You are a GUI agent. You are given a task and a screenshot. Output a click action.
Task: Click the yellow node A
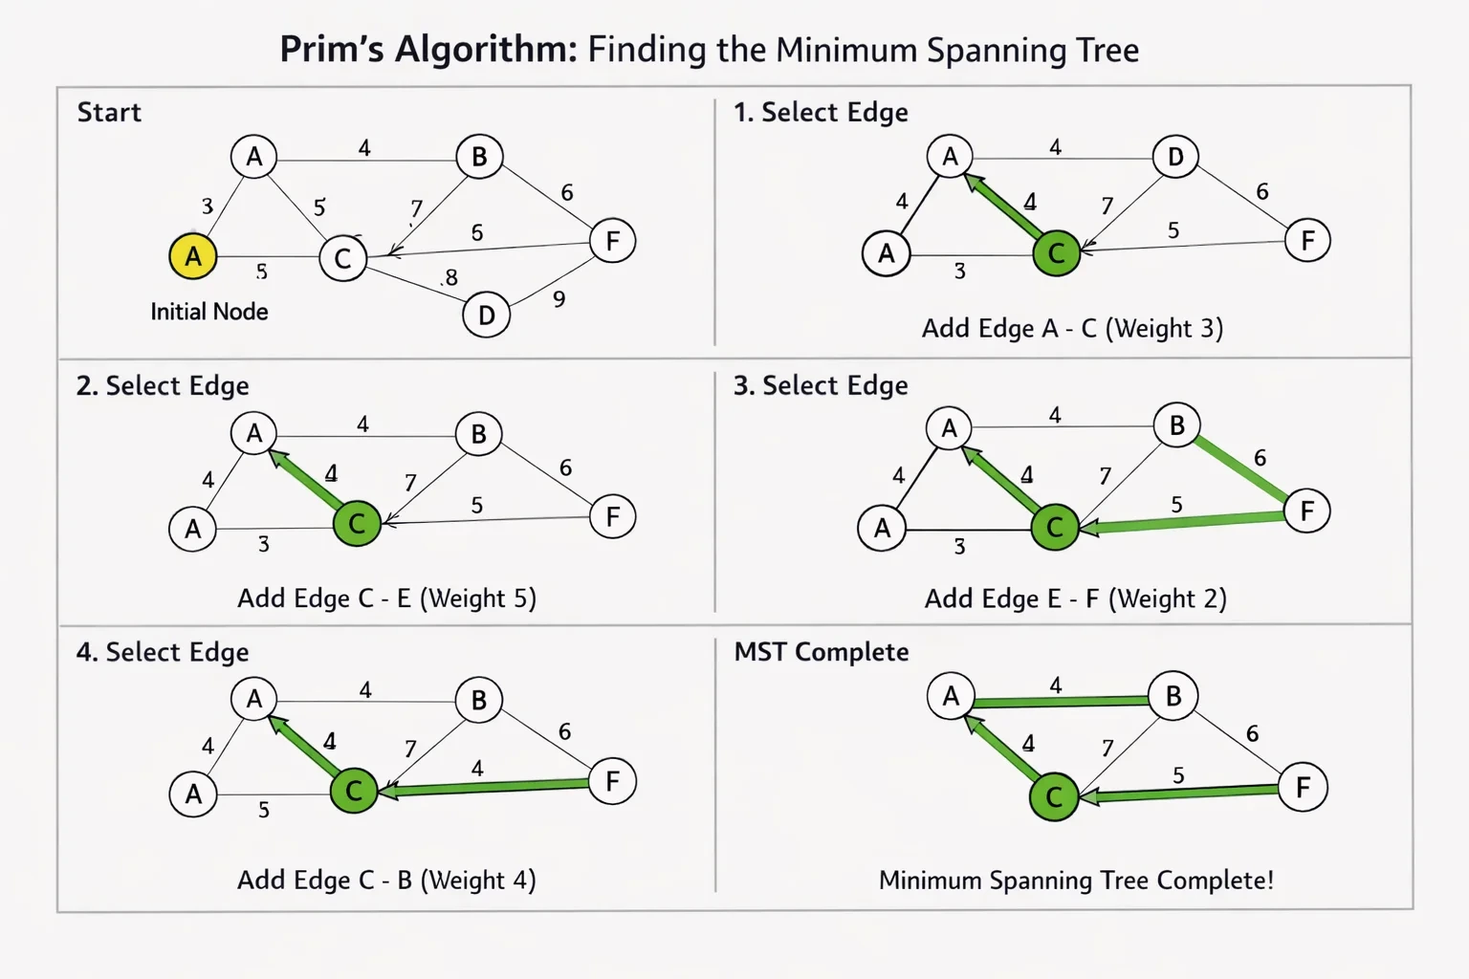193,255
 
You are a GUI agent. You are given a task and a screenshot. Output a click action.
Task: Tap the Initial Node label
209,312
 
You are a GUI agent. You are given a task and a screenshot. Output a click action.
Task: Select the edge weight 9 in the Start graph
559,299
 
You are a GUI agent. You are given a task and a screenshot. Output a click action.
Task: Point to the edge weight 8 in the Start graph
451,277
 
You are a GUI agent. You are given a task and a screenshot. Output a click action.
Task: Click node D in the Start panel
486,315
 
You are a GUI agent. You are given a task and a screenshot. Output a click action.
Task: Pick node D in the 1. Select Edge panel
1175,156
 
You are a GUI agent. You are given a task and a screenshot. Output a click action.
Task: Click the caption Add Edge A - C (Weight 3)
1072,329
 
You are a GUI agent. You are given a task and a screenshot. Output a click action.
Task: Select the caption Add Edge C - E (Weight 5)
387,598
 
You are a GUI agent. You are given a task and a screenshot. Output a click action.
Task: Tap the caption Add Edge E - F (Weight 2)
1076,598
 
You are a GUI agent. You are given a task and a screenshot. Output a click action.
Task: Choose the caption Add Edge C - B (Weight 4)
387,880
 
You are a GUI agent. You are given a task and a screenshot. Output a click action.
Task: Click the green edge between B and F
1239,468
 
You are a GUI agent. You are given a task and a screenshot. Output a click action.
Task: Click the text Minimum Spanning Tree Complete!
1076,880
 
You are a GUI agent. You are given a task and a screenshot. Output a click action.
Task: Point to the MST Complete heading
822,652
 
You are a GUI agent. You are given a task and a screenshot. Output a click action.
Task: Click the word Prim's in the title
332,49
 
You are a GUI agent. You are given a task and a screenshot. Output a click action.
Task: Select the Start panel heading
109,112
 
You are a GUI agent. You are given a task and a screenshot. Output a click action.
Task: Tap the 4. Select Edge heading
163,652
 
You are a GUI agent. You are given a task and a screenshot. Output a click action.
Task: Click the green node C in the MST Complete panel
1054,796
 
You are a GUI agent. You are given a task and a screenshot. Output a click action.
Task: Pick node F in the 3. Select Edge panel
1307,511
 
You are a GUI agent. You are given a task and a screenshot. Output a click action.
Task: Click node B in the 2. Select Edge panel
479,433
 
